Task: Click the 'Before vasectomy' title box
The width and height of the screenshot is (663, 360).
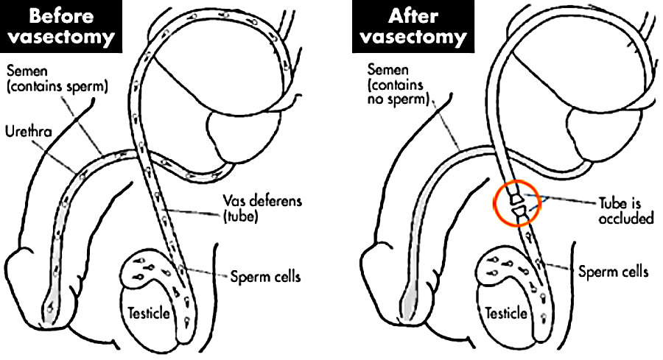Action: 58,26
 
